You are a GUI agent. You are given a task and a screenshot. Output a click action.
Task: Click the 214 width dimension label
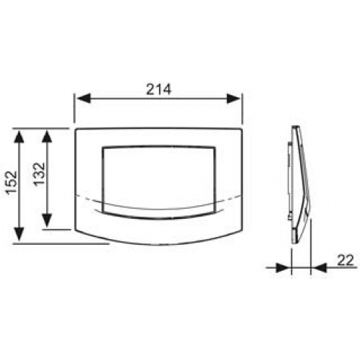158,89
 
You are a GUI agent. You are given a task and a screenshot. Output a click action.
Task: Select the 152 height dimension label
12,183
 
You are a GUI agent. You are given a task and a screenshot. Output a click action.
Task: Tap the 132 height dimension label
39,174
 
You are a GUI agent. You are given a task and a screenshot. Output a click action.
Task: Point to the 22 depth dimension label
346,260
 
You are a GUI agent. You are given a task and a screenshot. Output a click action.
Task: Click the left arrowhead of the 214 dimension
84,99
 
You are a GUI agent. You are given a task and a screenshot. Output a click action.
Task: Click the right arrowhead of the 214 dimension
233,99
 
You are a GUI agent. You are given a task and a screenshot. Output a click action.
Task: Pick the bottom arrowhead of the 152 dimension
19,234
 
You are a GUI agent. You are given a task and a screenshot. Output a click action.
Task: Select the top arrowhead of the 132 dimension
47,138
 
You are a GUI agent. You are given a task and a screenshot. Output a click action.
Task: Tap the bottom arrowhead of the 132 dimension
47,220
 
